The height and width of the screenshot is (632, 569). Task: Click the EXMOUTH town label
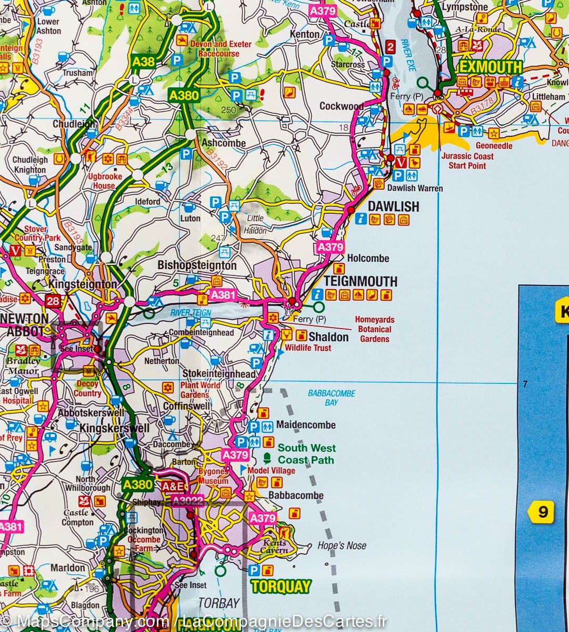click(490, 67)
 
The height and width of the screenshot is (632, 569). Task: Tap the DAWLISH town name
click(393, 206)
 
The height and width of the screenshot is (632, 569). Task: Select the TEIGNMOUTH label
click(361, 280)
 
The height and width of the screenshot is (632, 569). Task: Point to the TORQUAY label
click(281, 586)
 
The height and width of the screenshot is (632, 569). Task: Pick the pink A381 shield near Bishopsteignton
click(222, 295)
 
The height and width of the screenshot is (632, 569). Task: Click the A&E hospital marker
click(172, 486)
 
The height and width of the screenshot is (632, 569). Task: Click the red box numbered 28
click(53, 301)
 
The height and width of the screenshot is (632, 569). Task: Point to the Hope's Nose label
click(342, 546)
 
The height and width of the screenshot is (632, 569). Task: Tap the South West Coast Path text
click(306, 454)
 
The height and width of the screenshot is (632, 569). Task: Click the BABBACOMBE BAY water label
click(332, 398)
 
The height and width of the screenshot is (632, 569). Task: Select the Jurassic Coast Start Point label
click(467, 161)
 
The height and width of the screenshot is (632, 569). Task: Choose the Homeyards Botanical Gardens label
click(374, 329)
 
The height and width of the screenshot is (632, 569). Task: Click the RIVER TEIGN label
click(190, 313)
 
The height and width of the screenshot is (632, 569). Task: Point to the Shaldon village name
click(328, 337)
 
